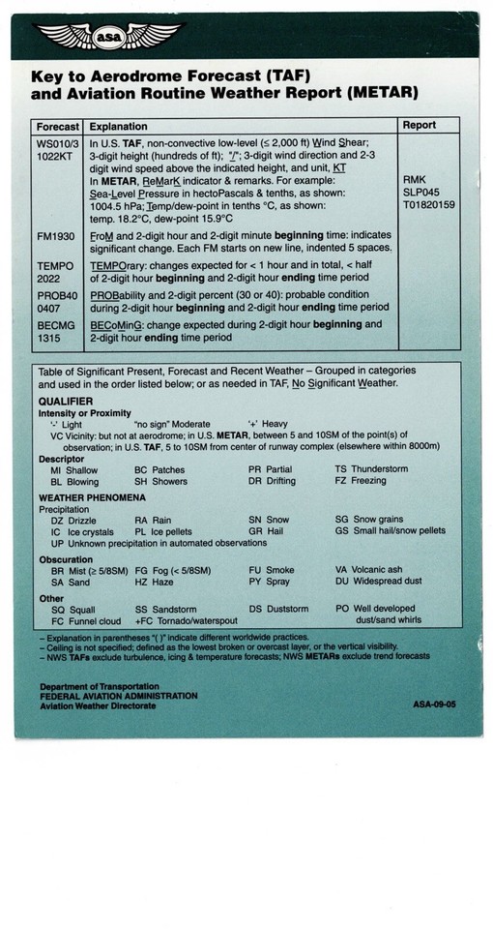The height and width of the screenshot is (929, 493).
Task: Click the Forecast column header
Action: [x=57, y=127]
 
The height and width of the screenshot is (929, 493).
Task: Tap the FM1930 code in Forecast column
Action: [x=57, y=235]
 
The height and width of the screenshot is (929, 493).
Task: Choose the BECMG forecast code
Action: [x=57, y=325]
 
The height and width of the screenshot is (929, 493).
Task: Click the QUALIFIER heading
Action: [x=66, y=401]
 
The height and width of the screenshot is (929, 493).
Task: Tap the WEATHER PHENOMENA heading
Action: [x=92, y=496]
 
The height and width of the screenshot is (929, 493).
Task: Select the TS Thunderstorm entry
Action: [x=371, y=469]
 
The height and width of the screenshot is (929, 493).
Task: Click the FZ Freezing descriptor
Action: [x=361, y=481]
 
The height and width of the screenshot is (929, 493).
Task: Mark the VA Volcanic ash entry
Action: [x=368, y=571]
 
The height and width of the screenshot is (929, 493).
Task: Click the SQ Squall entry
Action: [x=72, y=610]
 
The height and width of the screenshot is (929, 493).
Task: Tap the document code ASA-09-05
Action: [x=433, y=704]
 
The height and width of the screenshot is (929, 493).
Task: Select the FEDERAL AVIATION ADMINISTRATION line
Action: [x=118, y=696]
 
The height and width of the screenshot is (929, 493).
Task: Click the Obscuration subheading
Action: [x=66, y=558]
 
